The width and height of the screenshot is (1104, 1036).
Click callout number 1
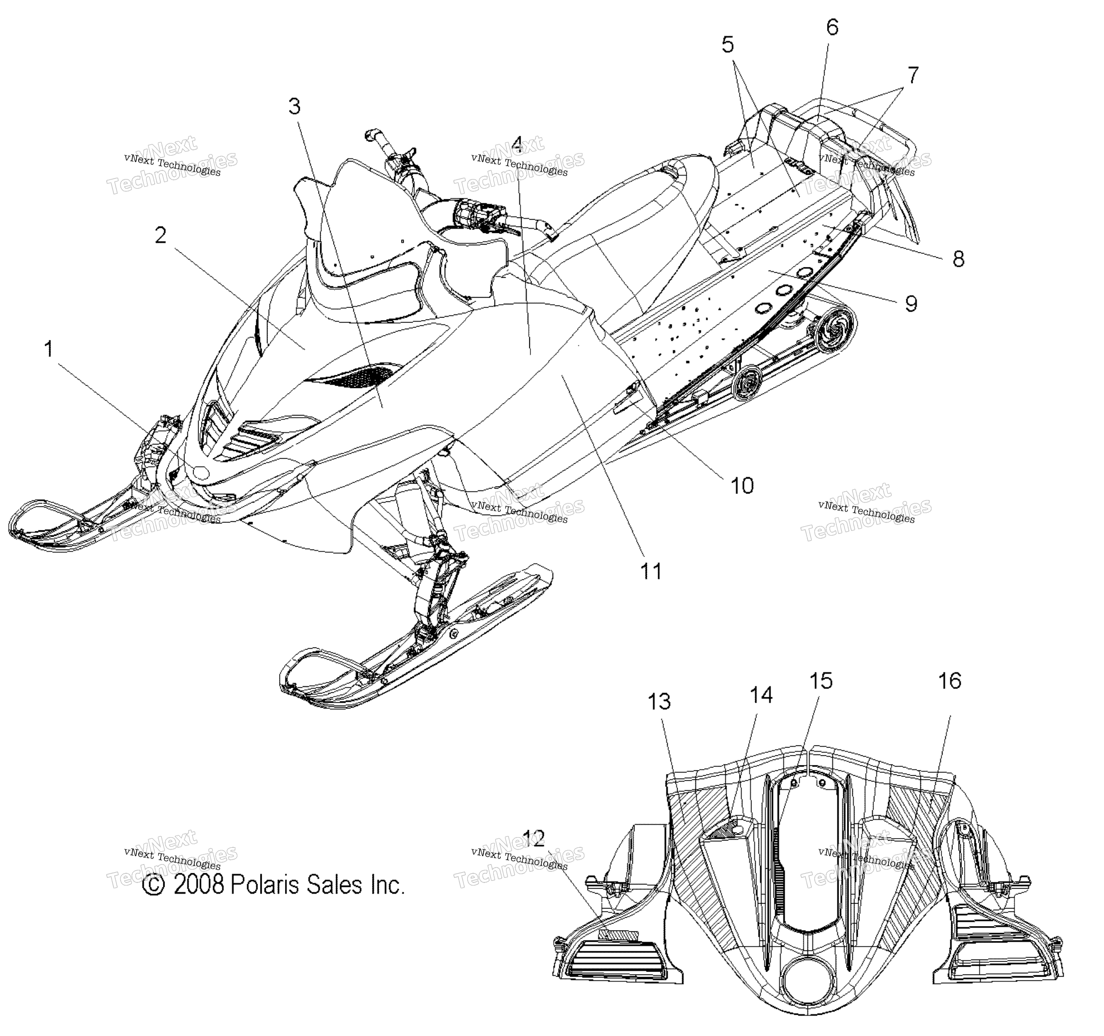tap(49, 349)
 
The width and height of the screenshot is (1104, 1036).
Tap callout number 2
tap(161, 235)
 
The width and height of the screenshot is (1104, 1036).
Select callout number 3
tap(295, 106)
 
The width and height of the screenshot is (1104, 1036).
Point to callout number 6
tap(832, 27)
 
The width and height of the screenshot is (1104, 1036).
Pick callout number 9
tap(911, 303)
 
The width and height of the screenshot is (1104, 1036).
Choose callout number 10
tap(742, 485)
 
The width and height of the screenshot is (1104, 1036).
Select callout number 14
tap(761, 695)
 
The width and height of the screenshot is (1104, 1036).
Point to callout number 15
tap(821, 681)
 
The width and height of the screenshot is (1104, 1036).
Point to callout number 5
tap(728, 45)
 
